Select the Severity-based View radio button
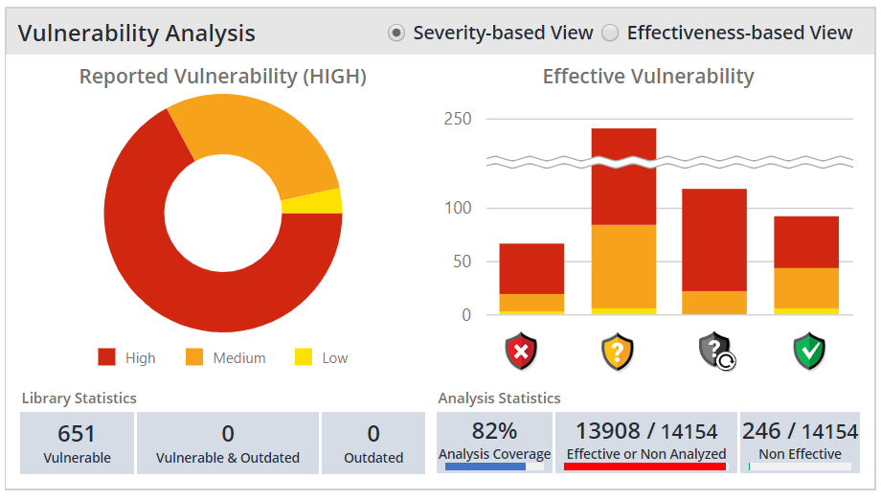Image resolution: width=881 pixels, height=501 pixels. [x=395, y=34]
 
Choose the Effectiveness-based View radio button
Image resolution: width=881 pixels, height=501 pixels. [x=610, y=34]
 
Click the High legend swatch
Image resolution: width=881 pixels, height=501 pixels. [x=106, y=357]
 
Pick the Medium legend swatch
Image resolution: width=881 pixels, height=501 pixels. [x=194, y=357]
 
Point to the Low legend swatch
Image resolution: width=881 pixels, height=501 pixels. [x=304, y=357]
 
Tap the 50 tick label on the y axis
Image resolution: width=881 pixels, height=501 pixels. [x=462, y=262]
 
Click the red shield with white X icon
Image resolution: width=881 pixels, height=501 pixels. [x=522, y=352]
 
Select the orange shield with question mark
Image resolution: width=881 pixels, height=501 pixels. [x=618, y=352]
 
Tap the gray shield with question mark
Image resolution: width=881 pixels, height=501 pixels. [x=714, y=352]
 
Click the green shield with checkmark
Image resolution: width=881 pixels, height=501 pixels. [x=809, y=352]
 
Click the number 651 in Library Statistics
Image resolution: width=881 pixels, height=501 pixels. [x=77, y=434]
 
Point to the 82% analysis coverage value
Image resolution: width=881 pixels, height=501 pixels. [x=494, y=431]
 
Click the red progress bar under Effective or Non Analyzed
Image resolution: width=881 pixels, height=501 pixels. [x=644, y=467]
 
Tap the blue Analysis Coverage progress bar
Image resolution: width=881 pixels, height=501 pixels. [x=486, y=467]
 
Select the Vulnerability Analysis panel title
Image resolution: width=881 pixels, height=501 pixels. [x=136, y=34]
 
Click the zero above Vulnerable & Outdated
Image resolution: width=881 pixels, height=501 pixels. [x=228, y=434]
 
